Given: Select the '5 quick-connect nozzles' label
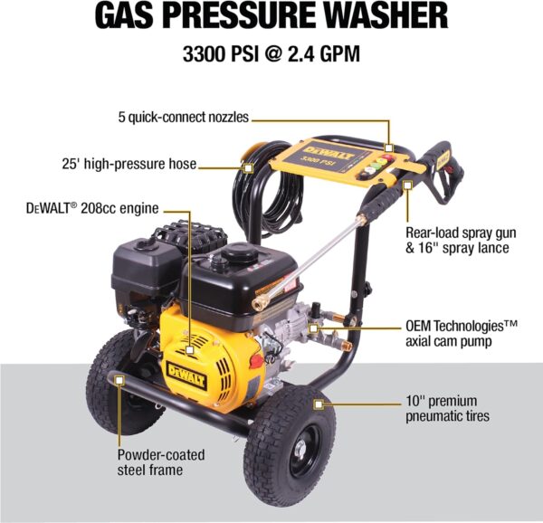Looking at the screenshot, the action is click(183, 118).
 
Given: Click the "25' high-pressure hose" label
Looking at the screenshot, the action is click(129, 164).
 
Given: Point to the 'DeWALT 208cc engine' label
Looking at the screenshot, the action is click(92, 208).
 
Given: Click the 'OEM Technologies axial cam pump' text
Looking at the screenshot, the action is click(462, 333).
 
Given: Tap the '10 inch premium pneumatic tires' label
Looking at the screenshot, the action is click(447, 408).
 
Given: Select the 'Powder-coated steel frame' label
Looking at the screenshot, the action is click(161, 462).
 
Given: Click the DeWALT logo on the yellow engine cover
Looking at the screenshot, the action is click(186, 376).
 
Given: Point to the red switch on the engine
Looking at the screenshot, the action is click(256, 361).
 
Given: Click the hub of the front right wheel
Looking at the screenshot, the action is click(300, 450).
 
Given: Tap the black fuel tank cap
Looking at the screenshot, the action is click(240, 252).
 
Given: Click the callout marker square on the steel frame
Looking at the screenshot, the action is click(119, 380).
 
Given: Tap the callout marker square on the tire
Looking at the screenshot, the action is click(319, 404).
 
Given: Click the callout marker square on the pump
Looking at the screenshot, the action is click(313, 328).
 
